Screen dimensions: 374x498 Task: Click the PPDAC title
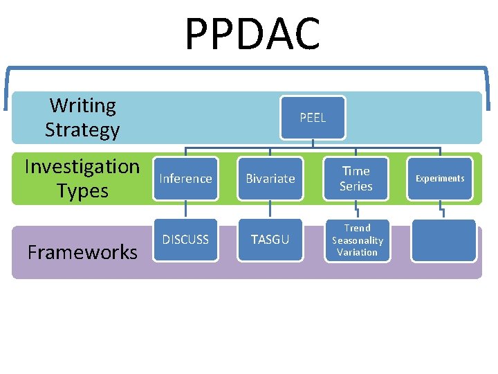pyautogui.click(x=252, y=35)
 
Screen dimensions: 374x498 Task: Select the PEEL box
pyautogui.click(x=313, y=118)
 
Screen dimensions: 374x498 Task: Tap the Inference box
pyautogui.click(x=185, y=179)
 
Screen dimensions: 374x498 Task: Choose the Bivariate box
pyautogui.click(x=270, y=179)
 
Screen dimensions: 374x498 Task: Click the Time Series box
pyautogui.click(x=356, y=179)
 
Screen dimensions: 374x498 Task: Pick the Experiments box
pyautogui.click(x=440, y=179)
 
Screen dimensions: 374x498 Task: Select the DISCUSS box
pyautogui.click(x=185, y=240)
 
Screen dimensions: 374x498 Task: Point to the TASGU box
pyautogui.click(x=270, y=240)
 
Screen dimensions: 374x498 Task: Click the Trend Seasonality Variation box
pyautogui.click(x=357, y=240)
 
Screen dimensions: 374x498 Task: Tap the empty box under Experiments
pyautogui.click(x=443, y=240)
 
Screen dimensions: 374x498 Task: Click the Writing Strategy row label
pyautogui.click(x=82, y=118)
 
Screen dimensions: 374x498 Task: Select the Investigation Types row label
pyautogui.click(x=82, y=179)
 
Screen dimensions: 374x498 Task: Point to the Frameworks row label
pyautogui.click(x=82, y=252)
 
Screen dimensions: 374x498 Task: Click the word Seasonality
pyautogui.click(x=358, y=240)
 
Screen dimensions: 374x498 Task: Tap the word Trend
pyautogui.click(x=358, y=228)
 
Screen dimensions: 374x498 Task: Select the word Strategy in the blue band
pyautogui.click(x=82, y=130)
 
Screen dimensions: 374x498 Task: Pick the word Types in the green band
pyautogui.click(x=82, y=191)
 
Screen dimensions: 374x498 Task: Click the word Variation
pyautogui.click(x=358, y=252)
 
